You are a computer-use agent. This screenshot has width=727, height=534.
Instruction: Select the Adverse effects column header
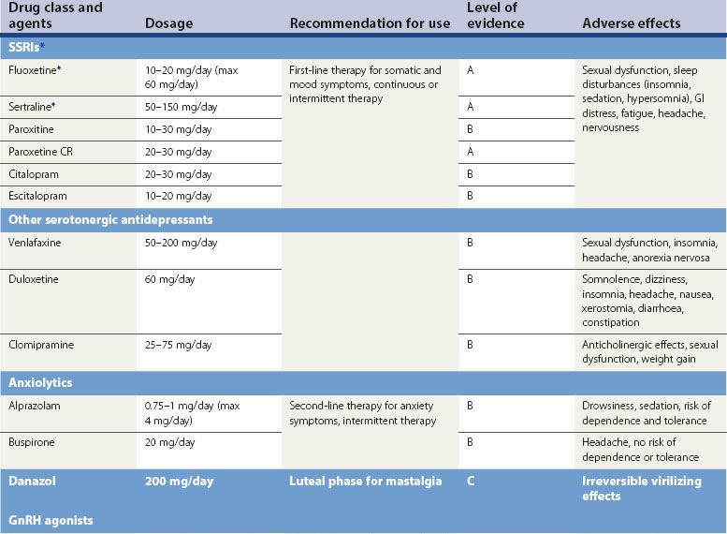tap(632, 23)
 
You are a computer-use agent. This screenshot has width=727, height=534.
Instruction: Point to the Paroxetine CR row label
tap(41, 153)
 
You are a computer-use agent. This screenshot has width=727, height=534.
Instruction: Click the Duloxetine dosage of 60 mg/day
tap(169, 280)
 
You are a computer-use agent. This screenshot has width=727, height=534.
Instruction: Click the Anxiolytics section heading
tap(40, 383)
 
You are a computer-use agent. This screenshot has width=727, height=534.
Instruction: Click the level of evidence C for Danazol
tap(471, 482)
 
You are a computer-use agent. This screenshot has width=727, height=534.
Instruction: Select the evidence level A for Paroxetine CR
tap(471, 153)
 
